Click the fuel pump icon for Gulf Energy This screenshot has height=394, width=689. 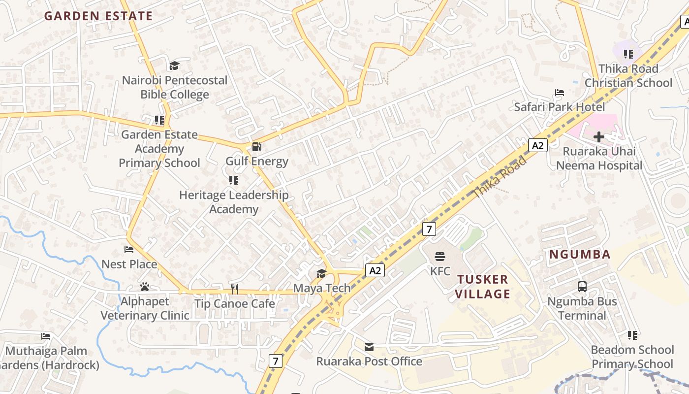click(256, 147)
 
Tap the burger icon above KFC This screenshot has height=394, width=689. click(440, 256)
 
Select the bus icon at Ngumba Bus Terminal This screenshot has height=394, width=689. click(582, 286)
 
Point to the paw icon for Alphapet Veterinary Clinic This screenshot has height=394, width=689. click(144, 286)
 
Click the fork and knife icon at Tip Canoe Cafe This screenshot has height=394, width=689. click(235, 289)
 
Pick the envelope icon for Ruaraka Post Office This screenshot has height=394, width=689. click(369, 347)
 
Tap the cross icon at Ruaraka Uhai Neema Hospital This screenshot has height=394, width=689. click(599, 137)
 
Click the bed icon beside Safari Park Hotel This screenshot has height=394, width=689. click(559, 93)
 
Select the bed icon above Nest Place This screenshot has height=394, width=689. click(129, 250)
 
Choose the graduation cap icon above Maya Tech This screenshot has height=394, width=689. click(321, 273)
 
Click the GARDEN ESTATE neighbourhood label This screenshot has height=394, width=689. click(98, 16)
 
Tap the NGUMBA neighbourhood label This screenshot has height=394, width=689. click(580, 255)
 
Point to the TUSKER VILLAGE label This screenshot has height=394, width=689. click(482, 287)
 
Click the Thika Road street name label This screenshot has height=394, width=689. click(500, 177)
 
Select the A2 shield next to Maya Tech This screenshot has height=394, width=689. click(375, 270)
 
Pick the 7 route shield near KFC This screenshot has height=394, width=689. click(429, 229)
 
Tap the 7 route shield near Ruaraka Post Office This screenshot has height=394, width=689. click(276, 361)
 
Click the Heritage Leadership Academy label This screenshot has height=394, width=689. click(234, 202)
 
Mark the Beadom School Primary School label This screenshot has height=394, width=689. click(632, 357)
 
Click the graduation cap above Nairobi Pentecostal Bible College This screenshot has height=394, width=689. click(174, 66)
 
